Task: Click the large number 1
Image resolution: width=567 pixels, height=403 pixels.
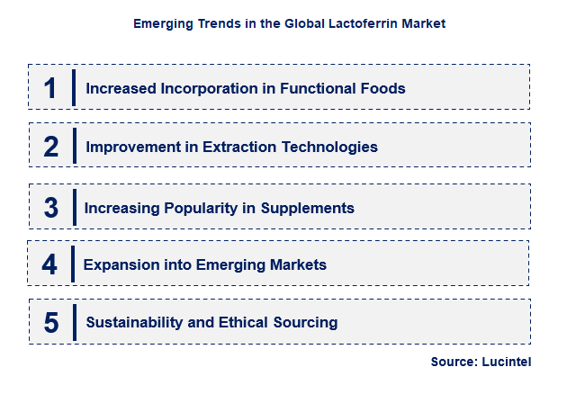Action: tap(51, 88)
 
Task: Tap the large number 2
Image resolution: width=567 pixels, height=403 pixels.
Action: tap(51, 147)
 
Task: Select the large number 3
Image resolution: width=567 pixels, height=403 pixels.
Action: tap(51, 208)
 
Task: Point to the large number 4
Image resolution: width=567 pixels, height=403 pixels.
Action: tap(49, 264)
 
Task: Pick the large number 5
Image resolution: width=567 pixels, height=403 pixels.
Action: tap(51, 322)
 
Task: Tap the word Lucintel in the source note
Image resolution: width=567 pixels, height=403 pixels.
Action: tap(508, 362)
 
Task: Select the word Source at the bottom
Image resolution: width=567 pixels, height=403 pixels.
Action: tap(454, 362)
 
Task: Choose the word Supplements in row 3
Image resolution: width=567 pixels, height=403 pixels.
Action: tap(308, 208)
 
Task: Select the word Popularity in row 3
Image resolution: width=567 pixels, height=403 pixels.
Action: tap(199, 208)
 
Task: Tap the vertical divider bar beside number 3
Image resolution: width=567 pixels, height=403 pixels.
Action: tap(75, 208)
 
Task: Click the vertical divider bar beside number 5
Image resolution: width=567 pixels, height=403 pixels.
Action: tap(75, 322)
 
